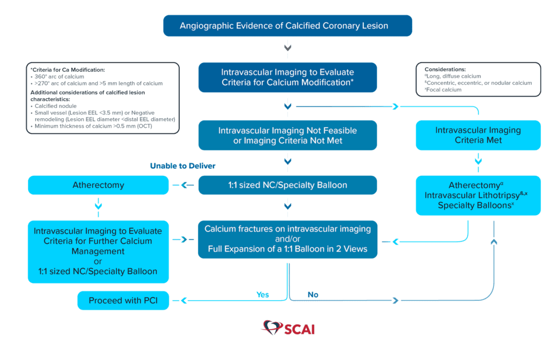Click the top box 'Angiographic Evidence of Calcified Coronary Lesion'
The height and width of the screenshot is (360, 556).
[x=288, y=26]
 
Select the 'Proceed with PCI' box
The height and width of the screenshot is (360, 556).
[x=123, y=300]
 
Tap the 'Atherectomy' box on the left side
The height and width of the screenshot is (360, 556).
[x=98, y=185]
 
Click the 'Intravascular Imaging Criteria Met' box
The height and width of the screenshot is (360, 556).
[x=478, y=135]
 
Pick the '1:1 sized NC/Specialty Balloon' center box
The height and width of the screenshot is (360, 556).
[x=288, y=185]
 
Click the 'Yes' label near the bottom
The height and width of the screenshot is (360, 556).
[x=263, y=295]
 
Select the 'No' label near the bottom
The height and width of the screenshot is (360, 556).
[x=313, y=295]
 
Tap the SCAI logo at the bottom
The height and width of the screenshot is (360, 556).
[x=288, y=328]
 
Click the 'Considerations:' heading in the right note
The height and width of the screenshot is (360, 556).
[x=445, y=70]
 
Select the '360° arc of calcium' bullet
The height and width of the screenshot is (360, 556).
[x=59, y=77]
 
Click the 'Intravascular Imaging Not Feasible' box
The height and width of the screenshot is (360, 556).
[x=288, y=135]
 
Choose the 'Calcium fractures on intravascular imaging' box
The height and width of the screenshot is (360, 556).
[x=288, y=239]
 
